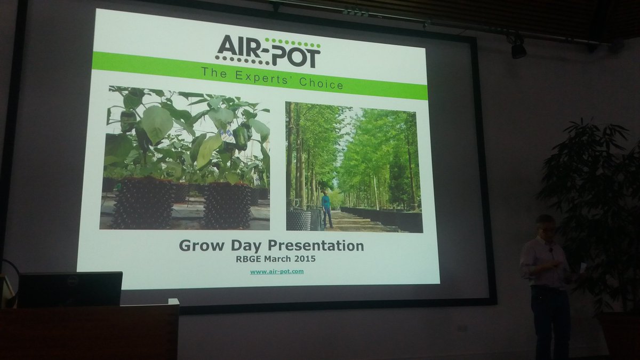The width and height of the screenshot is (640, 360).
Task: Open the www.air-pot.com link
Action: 277,271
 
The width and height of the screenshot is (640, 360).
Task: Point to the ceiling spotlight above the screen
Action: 518,49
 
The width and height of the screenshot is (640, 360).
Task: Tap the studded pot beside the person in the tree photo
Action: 299,219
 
